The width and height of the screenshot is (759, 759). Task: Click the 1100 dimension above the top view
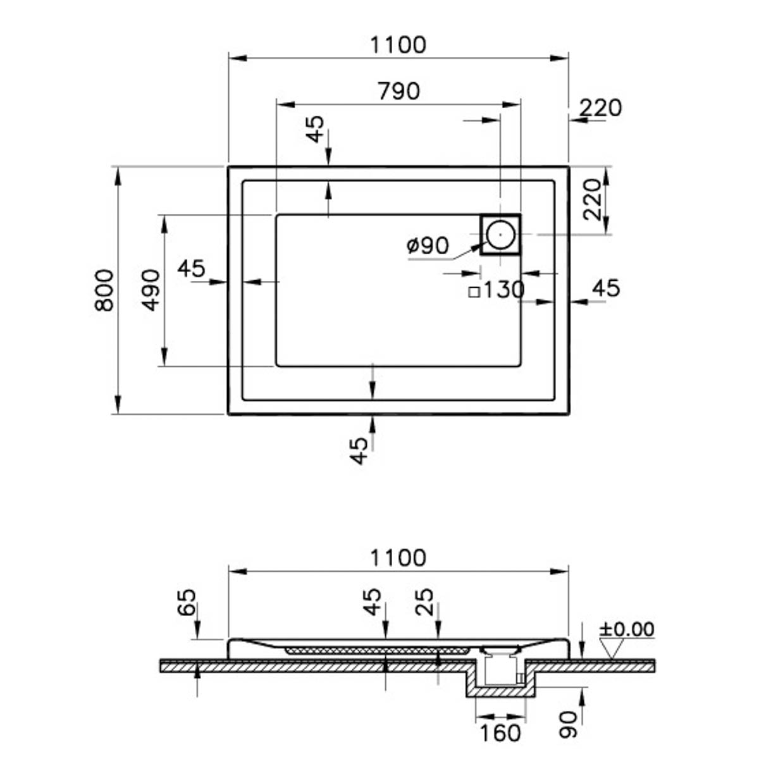click(x=398, y=45)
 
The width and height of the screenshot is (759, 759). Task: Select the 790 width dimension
click(x=398, y=91)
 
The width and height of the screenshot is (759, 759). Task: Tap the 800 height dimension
click(x=104, y=290)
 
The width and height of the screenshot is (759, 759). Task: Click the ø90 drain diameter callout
click(x=428, y=245)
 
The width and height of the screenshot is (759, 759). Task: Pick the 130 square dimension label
click(x=497, y=290)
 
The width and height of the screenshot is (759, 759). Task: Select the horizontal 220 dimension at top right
click(x=600, y=108)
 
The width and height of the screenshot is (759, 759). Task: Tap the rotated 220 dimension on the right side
click(x=592, y=199)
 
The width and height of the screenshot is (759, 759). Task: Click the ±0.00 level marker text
click(x=627, y=629)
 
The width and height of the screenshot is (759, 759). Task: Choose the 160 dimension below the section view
click(x=500, y=733)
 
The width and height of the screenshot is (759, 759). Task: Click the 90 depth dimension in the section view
click(x=569, y=725)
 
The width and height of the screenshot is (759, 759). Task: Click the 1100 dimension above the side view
click(x=398, y=558)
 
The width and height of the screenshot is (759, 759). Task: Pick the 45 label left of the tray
click(x=191, y=269)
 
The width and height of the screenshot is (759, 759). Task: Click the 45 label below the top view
click(x=359, y=451)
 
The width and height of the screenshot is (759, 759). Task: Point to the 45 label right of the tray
click(x=605, y=288)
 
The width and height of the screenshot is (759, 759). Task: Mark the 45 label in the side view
click(x=373, y=602)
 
